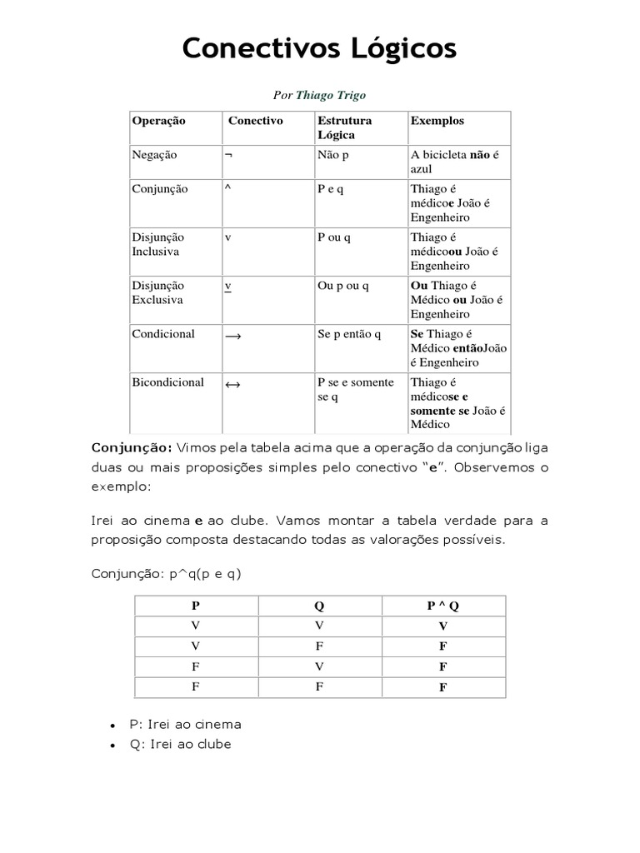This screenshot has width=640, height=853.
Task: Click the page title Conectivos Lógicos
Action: pyautogui.click(x=319, y=49)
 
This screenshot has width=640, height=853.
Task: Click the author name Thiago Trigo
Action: pyautogui.click(x=331, y=96)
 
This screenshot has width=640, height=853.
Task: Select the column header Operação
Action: pyautogui.click(x=158, y=121)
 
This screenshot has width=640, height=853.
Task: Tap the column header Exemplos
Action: pyautogui.click(x=437, y=121)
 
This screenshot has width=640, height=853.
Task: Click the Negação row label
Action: pyautogui.click(x=154, y=155)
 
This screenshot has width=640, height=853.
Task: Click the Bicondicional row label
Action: pyautogui.click(x=167, y=382)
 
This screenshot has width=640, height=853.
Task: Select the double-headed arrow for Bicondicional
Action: pyautogui.click(x=232, y=385)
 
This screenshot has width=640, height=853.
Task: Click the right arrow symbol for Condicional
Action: pyautogui.click(x=232, y=336)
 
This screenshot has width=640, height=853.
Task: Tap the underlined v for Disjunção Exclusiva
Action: pyautogui.click(x=228, y=286)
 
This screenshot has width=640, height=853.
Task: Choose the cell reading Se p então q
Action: pyautogui.click(x=348, y=334)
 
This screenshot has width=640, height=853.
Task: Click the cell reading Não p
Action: pyautogui.click(x=333, y=155)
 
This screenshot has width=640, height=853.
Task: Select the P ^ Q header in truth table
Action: pyautogui.click(x=442, y=606)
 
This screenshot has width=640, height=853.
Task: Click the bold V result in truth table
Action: pyautogui.click(x=442, y=626)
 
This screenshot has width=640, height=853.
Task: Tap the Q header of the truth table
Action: pyautogui.click(x=319, y=606)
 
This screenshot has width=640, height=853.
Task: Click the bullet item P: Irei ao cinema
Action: pyautogui.click(x=185, y=724)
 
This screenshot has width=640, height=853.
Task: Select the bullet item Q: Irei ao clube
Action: pyautogui.click(x=180, y=744)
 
